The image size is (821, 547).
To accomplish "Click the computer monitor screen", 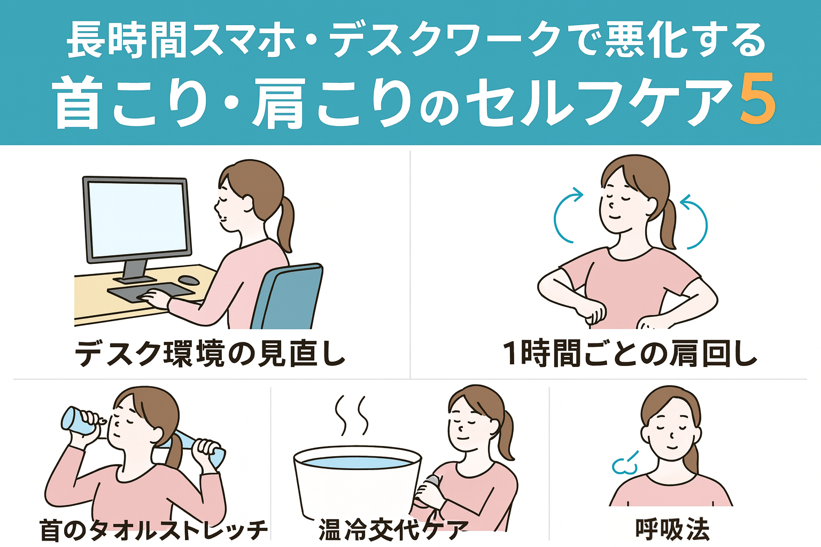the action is (137, 220).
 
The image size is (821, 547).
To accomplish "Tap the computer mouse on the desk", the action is (189, 280).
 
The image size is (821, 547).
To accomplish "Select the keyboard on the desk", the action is (150, 292).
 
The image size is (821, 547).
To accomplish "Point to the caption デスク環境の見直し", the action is (210, 354).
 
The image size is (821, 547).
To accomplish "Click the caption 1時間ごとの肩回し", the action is (630, 354).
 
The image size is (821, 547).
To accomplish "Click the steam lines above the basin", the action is (351, 415).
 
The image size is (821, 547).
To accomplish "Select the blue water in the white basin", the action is (357, 463).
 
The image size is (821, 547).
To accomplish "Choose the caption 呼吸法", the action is (672, 529).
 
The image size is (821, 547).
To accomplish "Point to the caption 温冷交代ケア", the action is (392, 529).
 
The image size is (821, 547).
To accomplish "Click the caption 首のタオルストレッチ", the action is (154, 530).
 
